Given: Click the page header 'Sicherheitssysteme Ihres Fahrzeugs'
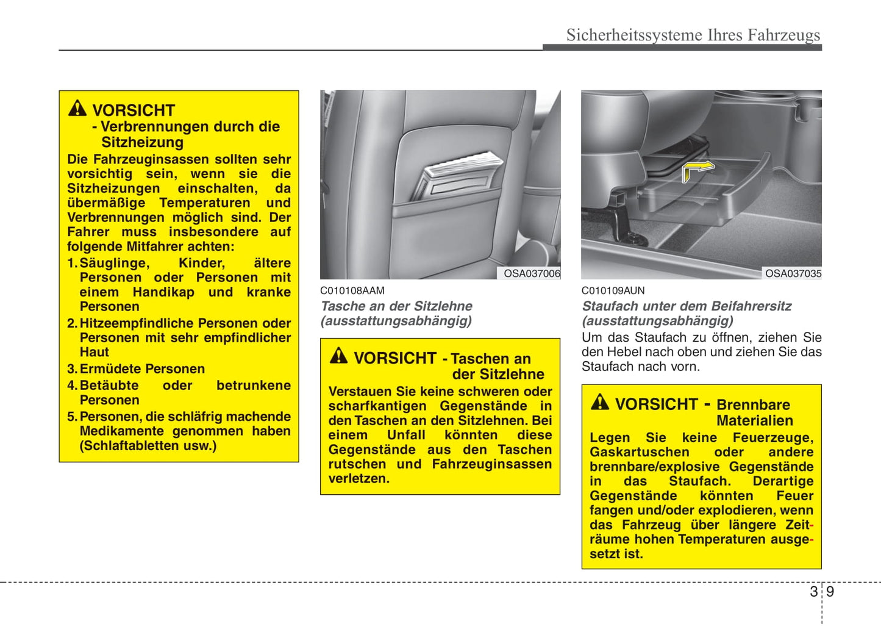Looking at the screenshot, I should coord(693,35).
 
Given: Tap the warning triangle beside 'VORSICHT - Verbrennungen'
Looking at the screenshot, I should coord(77,109).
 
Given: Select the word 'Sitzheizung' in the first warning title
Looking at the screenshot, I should coord(142,143).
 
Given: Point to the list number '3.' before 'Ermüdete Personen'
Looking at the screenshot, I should coord(73,369).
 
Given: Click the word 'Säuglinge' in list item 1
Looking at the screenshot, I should coord(115,263).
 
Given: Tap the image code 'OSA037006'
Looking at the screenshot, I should coord(532,274).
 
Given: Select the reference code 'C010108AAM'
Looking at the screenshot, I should coord(352,291).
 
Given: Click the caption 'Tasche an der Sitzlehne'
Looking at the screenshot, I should coord(396,306).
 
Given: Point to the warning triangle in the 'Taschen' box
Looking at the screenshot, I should coord(338,356).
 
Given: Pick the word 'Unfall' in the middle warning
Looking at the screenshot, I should coord(406,436).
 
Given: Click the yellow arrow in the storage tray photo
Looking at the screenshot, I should coord(697,170).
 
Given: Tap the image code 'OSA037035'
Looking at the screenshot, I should coord(793,274).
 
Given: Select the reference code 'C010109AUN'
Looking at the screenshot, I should coord(613,291).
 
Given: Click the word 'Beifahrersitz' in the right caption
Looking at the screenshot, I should coord(749,306).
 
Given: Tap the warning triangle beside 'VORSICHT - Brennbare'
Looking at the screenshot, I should coord(600,402).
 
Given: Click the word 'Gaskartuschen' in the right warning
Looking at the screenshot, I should coord(639,453).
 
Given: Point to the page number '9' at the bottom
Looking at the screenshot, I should coord(830,592).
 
